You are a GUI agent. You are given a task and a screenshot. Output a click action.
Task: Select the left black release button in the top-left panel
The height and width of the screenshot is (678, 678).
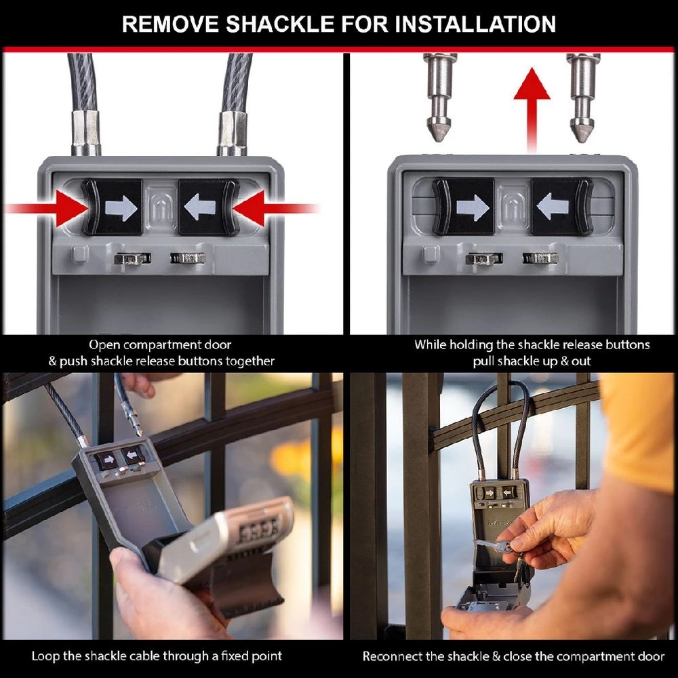(x=113, y=207)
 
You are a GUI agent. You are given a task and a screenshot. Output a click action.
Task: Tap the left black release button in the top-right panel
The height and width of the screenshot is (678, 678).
(x=464, y=207)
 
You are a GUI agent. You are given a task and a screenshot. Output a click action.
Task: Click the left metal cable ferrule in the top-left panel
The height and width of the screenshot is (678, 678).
(x=86, y=132)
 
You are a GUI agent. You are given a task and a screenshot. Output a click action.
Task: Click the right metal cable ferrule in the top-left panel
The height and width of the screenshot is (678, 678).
(x=232, y=132)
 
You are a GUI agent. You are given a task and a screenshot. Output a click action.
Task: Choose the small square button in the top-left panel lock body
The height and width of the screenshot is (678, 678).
(x=80, y=254)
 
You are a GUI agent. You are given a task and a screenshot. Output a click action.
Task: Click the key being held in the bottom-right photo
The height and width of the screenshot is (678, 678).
(x=498, y=546)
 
